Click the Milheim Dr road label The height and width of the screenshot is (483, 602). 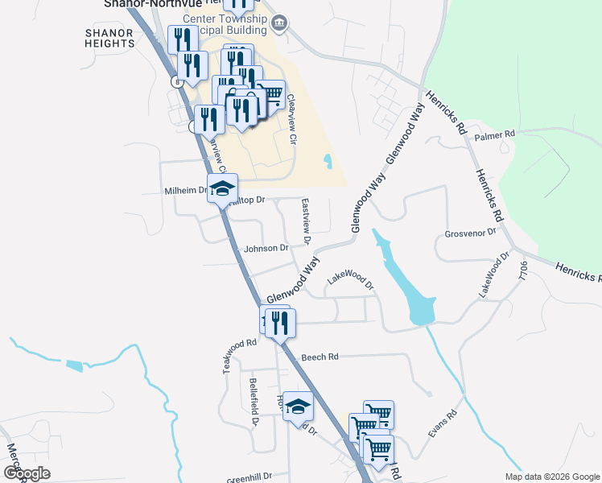pyautogui.click(x=186, y=191)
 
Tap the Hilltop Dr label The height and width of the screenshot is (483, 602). pyautogui.click(x=247, y=200)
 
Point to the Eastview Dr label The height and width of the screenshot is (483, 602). pyautogui.click(x=306, y=222)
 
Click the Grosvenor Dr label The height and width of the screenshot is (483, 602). pyautogui.click(x=470, y=235)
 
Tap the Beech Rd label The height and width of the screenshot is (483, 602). pyautogui.click(x=320, y=357)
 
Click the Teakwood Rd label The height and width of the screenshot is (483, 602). pyautogui.click(x=240, y=355)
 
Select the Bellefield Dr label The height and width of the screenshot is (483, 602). pyautogui.click(x=253, y=401)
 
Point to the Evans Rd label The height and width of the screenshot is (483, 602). pyautogui.click(x=443, y=423)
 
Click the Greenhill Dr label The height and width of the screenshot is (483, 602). pyautogui.click(x=250, y=477)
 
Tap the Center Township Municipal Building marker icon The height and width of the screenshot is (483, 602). pyautogui.click(x=279, y=22)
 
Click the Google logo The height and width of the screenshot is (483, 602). pyautogui.click(x=27, y=473)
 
